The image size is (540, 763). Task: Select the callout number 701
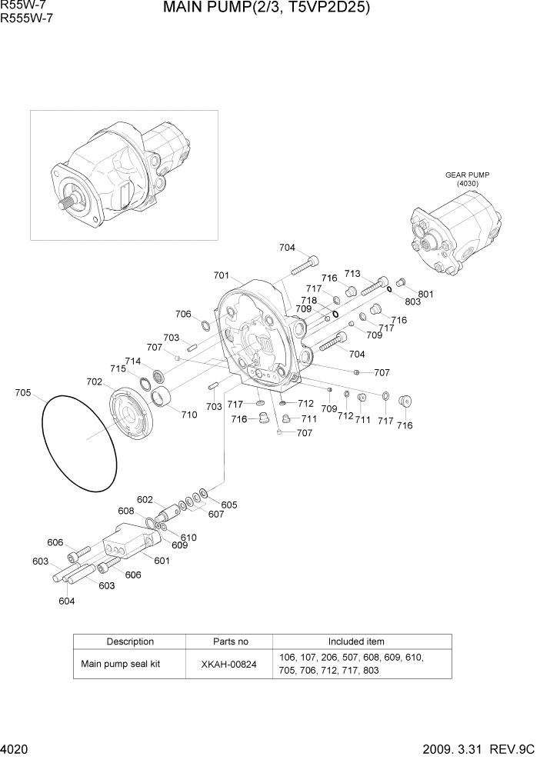[x=222, y=275]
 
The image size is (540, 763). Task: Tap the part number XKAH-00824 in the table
[x=230, y=664]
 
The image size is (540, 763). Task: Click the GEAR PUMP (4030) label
[x=467, y=179]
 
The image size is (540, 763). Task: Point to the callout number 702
[x=95, y=381]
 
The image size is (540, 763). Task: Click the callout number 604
[x=66, y=601]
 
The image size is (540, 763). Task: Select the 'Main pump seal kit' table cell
[x=121, y=664]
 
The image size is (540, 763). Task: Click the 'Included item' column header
[x=356, y=641]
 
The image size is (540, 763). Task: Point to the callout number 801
[x=425, y=294]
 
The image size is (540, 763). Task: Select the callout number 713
[x=352, y=273]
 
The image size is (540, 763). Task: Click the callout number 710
[x=188, y=415]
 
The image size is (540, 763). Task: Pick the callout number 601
[x=162, y=561]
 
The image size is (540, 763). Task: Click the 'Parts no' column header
[x=230, y=641]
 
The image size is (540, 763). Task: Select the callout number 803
[x=413, y=302]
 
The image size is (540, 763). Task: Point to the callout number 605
[x=229, y=505]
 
